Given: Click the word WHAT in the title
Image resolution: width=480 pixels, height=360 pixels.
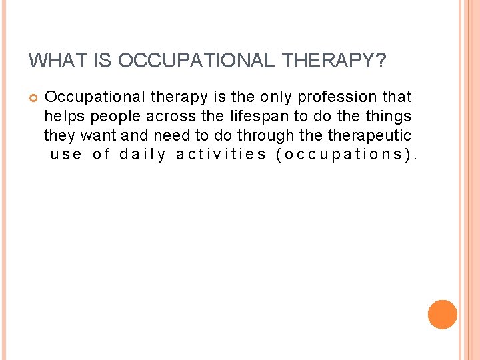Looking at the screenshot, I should (x=51, y=61).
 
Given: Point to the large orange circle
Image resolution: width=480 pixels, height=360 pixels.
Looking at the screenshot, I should (x=442, y=314).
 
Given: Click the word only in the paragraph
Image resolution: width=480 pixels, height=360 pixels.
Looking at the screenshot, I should (x=276, y=97).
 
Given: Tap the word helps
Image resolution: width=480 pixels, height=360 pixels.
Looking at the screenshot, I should (x=65, y=117).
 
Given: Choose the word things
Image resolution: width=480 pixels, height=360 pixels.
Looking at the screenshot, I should (x=389, y=117).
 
